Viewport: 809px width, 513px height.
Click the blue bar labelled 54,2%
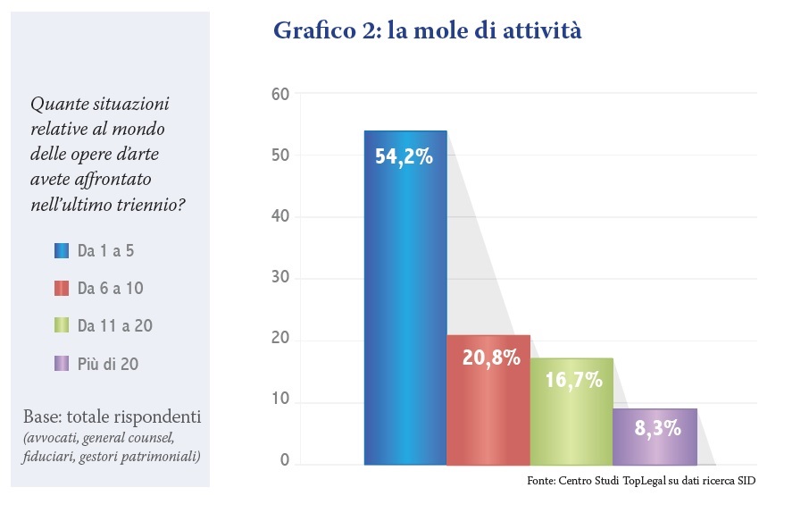[x=405, y=304]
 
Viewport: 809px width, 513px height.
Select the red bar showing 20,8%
[x=488, y=407]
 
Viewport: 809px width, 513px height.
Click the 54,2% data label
[x=404, y=156]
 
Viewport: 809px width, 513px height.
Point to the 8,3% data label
[x=657, y=428]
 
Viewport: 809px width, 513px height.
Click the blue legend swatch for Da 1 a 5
[x=62, y=251]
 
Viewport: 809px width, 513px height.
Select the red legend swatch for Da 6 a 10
[x=62, y=289]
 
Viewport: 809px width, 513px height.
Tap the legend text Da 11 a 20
[x=115, y=326]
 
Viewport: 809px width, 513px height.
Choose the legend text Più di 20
[x=107, y=364]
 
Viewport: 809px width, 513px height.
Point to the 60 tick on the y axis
[x=279, y=94]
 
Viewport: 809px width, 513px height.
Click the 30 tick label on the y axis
[x=279, y=279]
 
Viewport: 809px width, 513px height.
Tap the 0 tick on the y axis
[x=285, y=461]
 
